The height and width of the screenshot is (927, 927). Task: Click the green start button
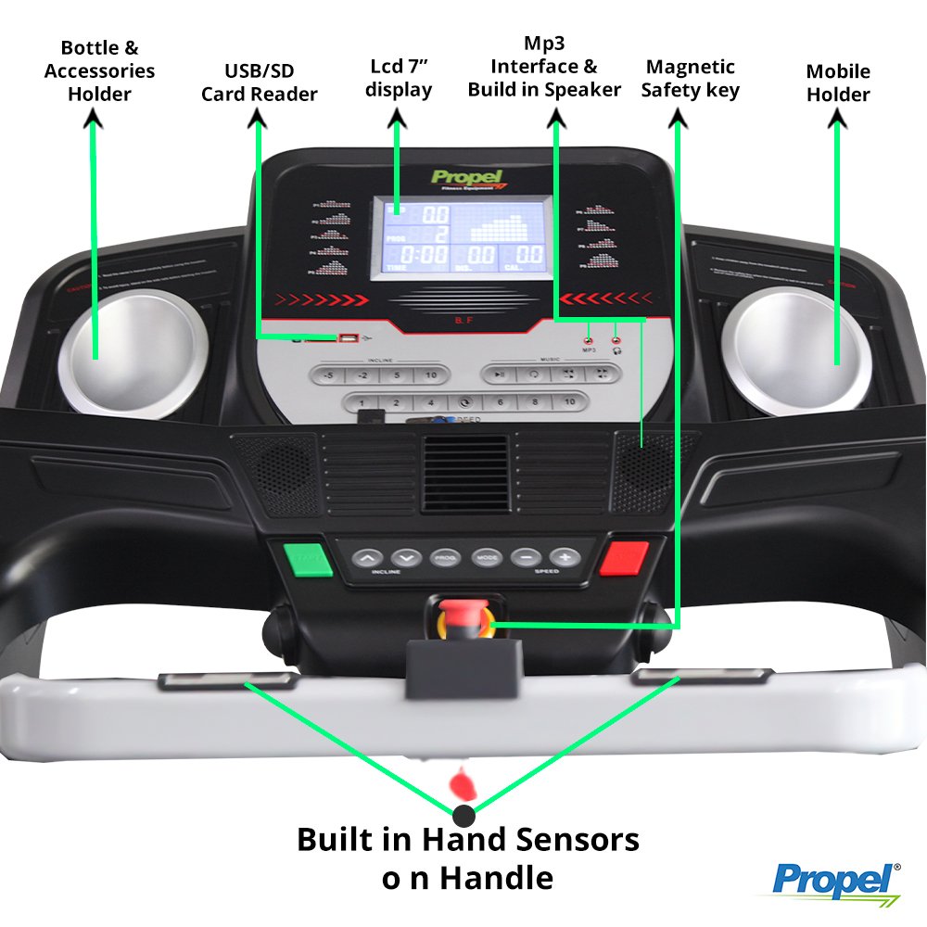[307, 559]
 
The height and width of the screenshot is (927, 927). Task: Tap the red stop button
[624, 559]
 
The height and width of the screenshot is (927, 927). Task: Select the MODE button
[487, 558]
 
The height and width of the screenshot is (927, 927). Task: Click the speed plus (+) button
[565, 558]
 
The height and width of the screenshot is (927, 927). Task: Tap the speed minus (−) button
[526, 558]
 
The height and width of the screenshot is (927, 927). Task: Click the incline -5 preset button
[328, 375]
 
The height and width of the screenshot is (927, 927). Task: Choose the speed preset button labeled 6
[501, 403]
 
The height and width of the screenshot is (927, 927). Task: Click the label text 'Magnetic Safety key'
[690, 79]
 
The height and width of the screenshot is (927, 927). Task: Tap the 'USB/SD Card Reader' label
[259, 83]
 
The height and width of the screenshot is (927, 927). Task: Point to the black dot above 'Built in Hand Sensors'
[463, 817]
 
